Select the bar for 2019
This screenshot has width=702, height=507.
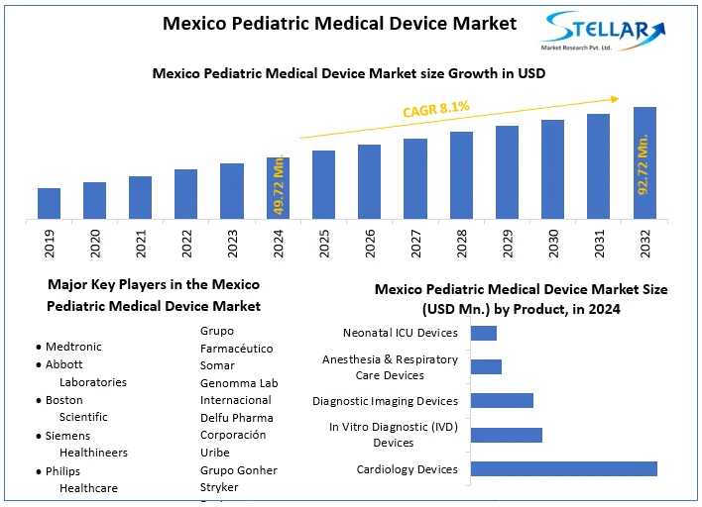pyautogui.click(x=50, y=203)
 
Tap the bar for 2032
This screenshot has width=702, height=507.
pyautogui.click(x=644, y=162)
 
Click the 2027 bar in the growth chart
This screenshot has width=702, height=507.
pyautogui.click(x=415, y=178)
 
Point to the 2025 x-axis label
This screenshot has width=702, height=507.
pyautogui.click(x=324, y=245)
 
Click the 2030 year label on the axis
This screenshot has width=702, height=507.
pyautogui.click(x=553, y=245)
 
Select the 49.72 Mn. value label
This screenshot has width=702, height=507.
pyautogui.click(x=280, y=186)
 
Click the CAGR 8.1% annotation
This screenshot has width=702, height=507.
pyautogui.click(x=435, y=109)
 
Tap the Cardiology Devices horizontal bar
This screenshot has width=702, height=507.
pyautogui.click(x=563, y=468)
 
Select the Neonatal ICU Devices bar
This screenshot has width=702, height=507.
pyautogui.click(x=484, y=333)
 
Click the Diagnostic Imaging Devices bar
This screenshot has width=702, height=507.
pyautogui.click(x=502, y=401)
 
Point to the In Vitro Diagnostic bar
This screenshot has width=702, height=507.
pyautogui.click(x=507, y=435)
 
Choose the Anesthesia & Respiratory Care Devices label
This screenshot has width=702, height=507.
pyautogui.click(x=390, y=367)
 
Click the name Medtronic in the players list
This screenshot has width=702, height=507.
pyautogui.click(x=74, y=348)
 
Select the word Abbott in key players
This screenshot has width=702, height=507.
pyautogui.click(x=64, y=364)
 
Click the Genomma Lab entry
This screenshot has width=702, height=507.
pyautogui.click(x=239, y=383)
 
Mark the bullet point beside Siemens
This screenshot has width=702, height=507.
pyautogui.click(x=38, y=436)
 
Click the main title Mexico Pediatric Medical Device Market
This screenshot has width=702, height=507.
pyautogui.click(x=339, y=24)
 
